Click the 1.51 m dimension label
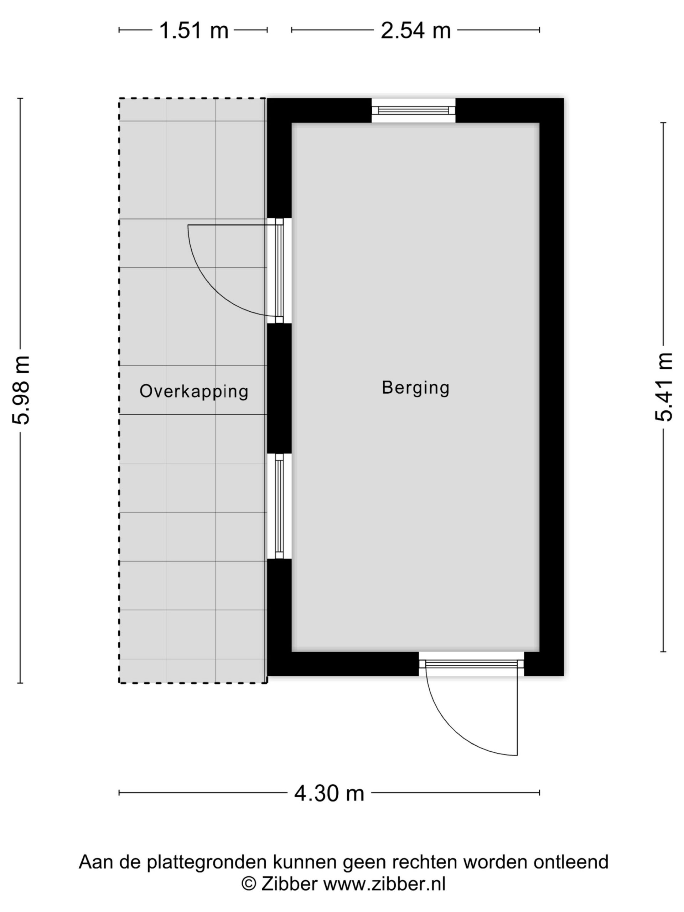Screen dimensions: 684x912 coord(193,31)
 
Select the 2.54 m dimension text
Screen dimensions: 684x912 coord(416,31)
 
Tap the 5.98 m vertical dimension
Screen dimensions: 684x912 coord(21,390)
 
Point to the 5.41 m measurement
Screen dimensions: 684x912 coord(663,387)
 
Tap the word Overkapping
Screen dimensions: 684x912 coord(194,391)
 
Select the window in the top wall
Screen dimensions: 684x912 coord(414,110)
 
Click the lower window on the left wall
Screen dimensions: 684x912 coord(279,506)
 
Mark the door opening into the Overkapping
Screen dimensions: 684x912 coord(279,271)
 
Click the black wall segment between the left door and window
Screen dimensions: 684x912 coord(279,388)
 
